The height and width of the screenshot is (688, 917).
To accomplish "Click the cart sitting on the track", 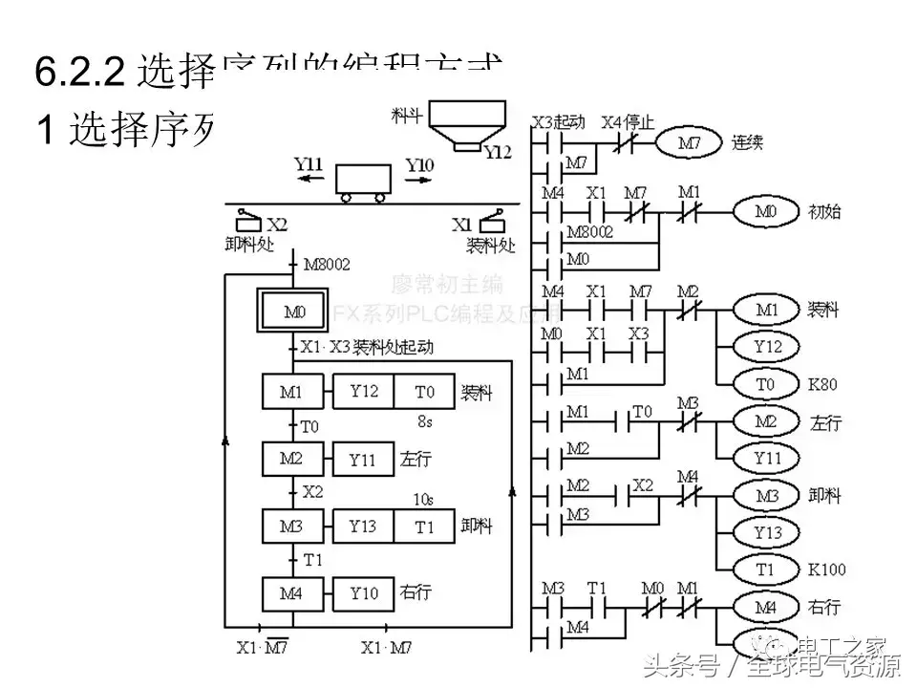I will coord(363,181).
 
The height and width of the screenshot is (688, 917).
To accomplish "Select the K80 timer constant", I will coord(822,384).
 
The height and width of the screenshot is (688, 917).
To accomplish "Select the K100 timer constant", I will coord(826,570).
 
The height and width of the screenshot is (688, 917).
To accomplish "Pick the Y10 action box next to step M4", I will coord(362,593).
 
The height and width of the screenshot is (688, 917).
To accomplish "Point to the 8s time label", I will coord(425,420).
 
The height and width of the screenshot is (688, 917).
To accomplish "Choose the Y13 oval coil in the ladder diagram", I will coord(768,532).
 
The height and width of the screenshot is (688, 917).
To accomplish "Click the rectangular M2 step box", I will coord(291,460).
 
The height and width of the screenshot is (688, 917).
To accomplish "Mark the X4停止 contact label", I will coord(628,122).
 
